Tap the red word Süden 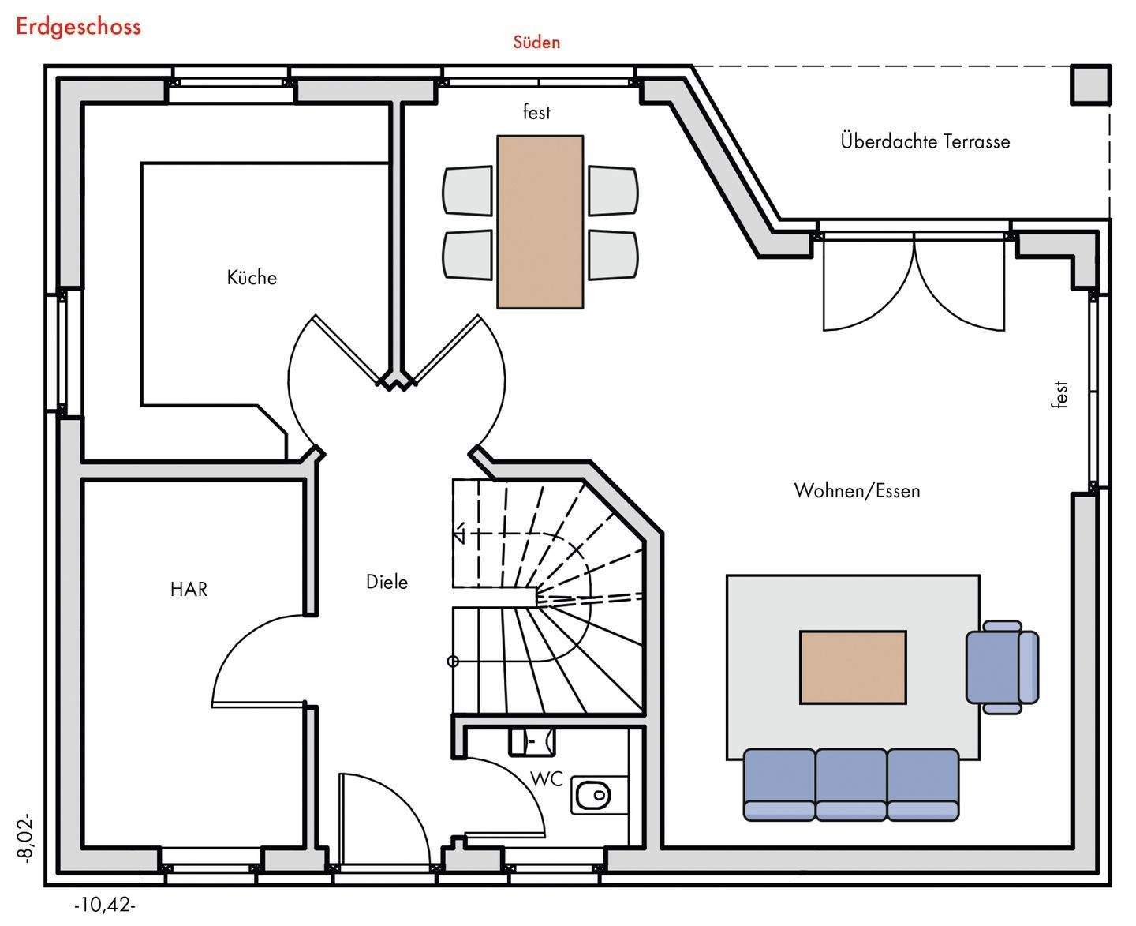point(536,42)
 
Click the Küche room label point(252,277)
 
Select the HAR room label point(189,589)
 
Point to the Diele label point(387,582)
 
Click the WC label point(547,779)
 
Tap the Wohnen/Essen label point(857,490)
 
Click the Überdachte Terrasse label point(925,141)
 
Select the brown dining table point(540,222)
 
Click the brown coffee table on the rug point(853,667)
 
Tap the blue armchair point(1003,667)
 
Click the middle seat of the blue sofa point(851,785)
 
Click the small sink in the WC point(532,741)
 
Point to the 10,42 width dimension point(105,905)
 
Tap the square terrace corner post point(1091,84)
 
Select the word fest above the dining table point(536,112)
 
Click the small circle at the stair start point(453,662)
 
